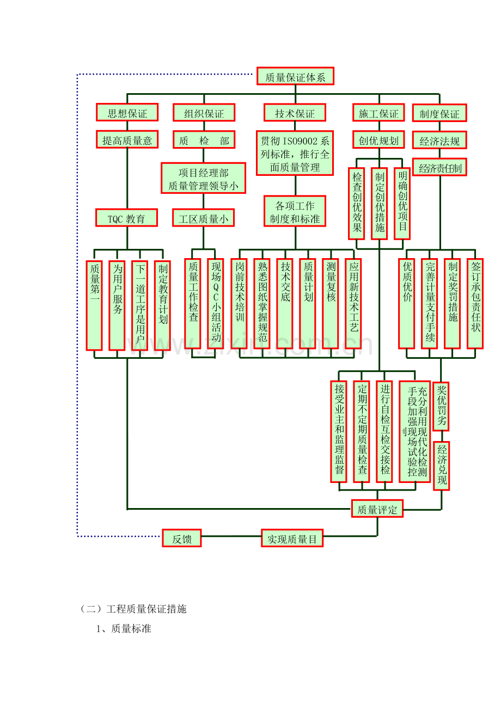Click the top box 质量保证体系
click(295, 77)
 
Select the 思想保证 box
click(127, 113)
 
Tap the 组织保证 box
click(204, 113)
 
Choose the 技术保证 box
click(295, 113)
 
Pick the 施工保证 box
click(378, 113)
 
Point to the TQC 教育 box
click(126, 218)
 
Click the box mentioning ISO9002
click(295, 154)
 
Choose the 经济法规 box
click(439, 141)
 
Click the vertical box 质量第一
click(94, 305)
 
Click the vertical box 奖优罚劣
click(441, 406)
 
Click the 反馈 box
click(182, 539)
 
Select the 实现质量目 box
click(292, 539)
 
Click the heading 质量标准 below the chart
click(131, 629)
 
